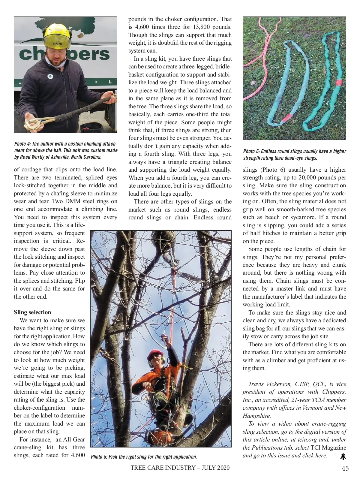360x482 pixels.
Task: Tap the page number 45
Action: pos(345,468)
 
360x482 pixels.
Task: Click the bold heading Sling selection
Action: pos(32,312)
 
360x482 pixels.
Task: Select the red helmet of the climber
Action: pos(155,354)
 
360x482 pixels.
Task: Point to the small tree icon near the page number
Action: pos(343,456)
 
